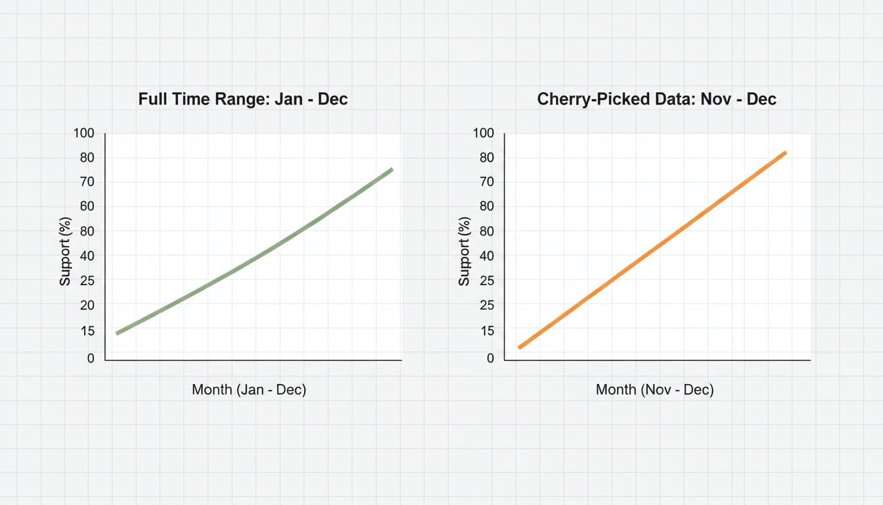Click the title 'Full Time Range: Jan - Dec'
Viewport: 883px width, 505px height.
pyautogui.click(x=243, y=99)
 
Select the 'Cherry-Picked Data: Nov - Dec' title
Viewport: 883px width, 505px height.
pyautogui.click(x=656, y=99)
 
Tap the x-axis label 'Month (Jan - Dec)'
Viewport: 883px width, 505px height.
pyautogui.click(x=249, y=389)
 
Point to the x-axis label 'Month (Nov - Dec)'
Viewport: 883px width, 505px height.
pyautogui.click(x=654, y=389)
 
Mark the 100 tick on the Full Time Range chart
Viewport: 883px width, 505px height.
pyautogui.click(x=83, y=133)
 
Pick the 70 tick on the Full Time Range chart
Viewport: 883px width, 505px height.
pyautogui.click(x=87, y=182)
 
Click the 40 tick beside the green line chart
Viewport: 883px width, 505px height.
pyautogui.click(x=87, y=256)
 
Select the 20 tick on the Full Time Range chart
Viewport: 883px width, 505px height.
pyautogui.click(x=87, y=306)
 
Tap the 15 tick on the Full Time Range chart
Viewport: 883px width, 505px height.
pyautogui.click(x=87, y=331)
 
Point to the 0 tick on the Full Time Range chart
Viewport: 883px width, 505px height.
pyautogui.click(x=91, y=358)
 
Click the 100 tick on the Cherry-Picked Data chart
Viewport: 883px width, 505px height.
pyautogui.click(x=483, y=133)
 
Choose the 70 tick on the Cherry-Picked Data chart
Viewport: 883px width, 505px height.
pyautogui.click(x=486, y=182)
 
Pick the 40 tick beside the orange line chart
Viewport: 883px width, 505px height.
pyautogui.click(x=486, y=256)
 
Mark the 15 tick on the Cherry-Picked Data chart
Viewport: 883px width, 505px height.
pyautogui.click(x=486, y=331)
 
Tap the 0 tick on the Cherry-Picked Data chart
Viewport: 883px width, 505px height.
pyautogui.click(x=489, y=358)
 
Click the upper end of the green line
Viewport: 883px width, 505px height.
pyautogui.click(x=392, y=170)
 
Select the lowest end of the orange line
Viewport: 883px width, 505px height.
pyautogui.click(x=520, y=347)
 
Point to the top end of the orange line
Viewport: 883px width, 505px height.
pyautogui.click(x=785, y=153)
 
